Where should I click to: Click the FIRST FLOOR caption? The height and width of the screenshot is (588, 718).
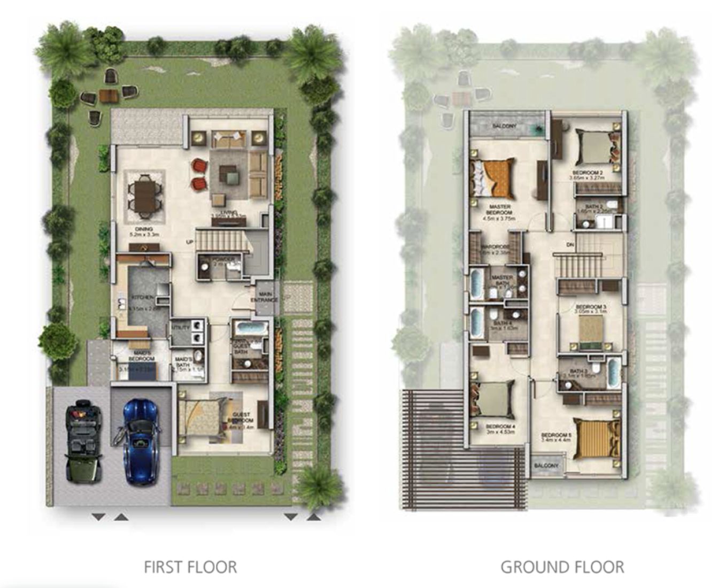point(190,567)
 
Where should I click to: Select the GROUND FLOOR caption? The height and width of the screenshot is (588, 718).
point(562,567)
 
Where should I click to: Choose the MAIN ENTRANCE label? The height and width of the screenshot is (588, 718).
point(266,297)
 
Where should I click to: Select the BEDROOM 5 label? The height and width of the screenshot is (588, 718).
point(556,435)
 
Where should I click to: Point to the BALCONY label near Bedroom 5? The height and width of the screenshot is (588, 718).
point(546,466)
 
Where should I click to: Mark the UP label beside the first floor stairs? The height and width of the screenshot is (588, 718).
point(189,242)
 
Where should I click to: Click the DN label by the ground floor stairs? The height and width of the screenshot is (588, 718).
point(570,245)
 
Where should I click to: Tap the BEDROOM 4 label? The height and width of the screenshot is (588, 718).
point(500,427)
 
